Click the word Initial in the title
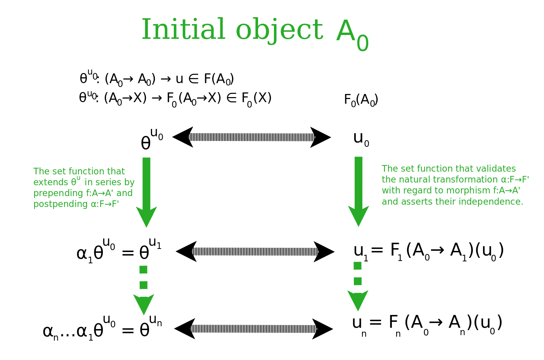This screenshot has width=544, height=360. (183, 30)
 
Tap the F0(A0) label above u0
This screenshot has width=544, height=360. (361, 100)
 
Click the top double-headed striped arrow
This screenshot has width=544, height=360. (251, 137)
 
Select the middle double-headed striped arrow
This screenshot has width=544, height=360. (255, 251)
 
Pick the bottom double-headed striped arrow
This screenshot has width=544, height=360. (253, 329)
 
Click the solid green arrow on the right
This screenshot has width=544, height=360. (359, 190)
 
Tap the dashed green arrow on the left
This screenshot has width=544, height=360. (144, 289)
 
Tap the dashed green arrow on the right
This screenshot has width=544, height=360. (358, 285)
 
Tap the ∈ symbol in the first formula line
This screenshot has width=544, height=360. (193, 79)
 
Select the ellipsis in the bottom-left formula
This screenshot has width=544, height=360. (68, 332)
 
